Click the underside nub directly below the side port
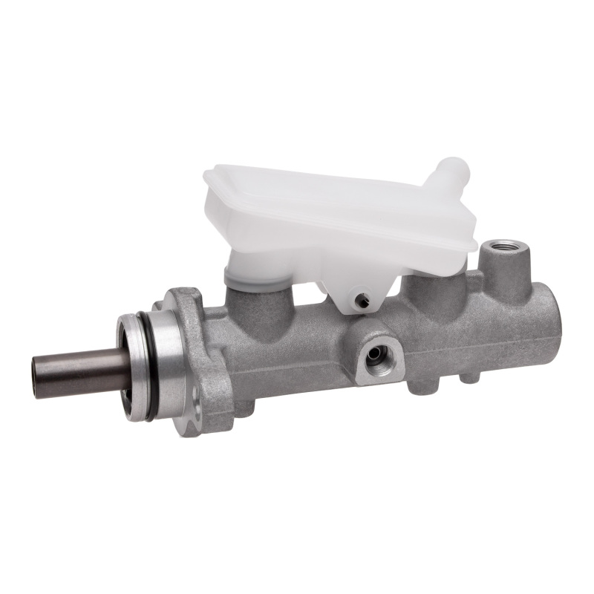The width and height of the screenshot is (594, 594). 420,387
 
